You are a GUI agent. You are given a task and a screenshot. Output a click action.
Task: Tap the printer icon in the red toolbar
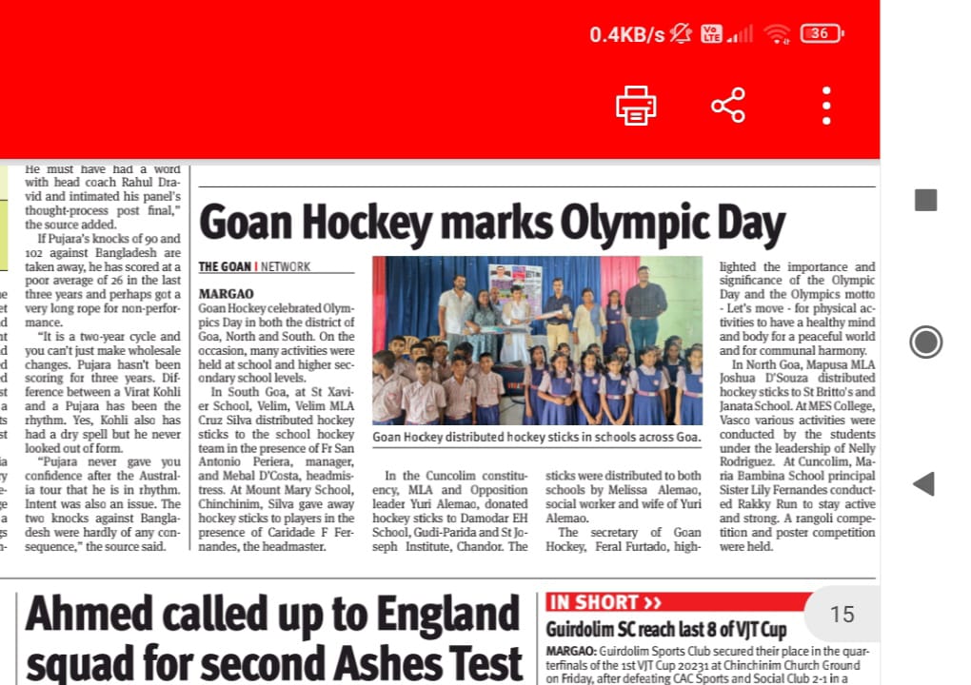pos(636,105)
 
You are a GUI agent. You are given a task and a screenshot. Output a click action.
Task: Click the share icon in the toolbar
pos(728,105)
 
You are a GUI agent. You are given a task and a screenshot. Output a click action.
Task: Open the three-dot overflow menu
pos(826,105)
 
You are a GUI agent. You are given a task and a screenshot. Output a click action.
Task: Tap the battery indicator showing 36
pos(822,34)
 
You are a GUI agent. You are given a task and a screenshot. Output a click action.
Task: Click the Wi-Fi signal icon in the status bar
pos(778,34)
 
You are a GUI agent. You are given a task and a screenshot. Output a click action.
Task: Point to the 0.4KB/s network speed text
pos(626,35)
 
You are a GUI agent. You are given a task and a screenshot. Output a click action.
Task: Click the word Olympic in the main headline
pos(626,224)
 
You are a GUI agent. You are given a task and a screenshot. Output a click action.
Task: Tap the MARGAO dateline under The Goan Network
pos(226,294)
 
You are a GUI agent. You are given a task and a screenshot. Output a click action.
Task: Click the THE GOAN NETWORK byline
pos(254,267)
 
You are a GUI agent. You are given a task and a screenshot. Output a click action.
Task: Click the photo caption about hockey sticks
pos(536,437)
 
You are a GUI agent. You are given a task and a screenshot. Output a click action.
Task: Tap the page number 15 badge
pos(842,615)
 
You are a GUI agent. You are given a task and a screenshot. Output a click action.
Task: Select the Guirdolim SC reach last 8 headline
pos(666,630)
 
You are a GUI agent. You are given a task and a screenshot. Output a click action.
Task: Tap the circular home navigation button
pos(925,342)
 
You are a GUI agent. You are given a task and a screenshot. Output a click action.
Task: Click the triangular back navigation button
pos(923,483)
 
